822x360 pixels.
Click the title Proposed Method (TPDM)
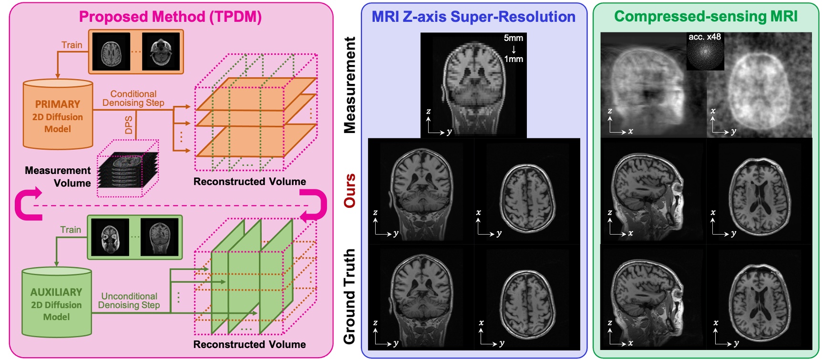[x=170, y=17]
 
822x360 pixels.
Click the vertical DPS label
[x=129, y=125]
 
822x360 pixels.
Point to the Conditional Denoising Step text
[x=133, y=98]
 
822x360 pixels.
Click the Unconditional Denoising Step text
[x=129, y=300]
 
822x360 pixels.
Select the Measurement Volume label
[x=58, y=176]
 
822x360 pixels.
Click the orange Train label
[x=72, y=45]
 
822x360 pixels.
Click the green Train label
[x=70, y=230]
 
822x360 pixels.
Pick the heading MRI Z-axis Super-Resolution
[x=473, y=17]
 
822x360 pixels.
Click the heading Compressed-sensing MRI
[x=705, y=16]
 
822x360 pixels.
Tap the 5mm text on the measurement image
[x=513, y=38]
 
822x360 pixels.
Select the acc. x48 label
[x=704, y=37]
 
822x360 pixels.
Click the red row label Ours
[x=350, y=191]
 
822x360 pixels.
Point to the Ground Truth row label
[x=349, y=296]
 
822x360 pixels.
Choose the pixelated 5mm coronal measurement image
[x=473, y=86]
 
